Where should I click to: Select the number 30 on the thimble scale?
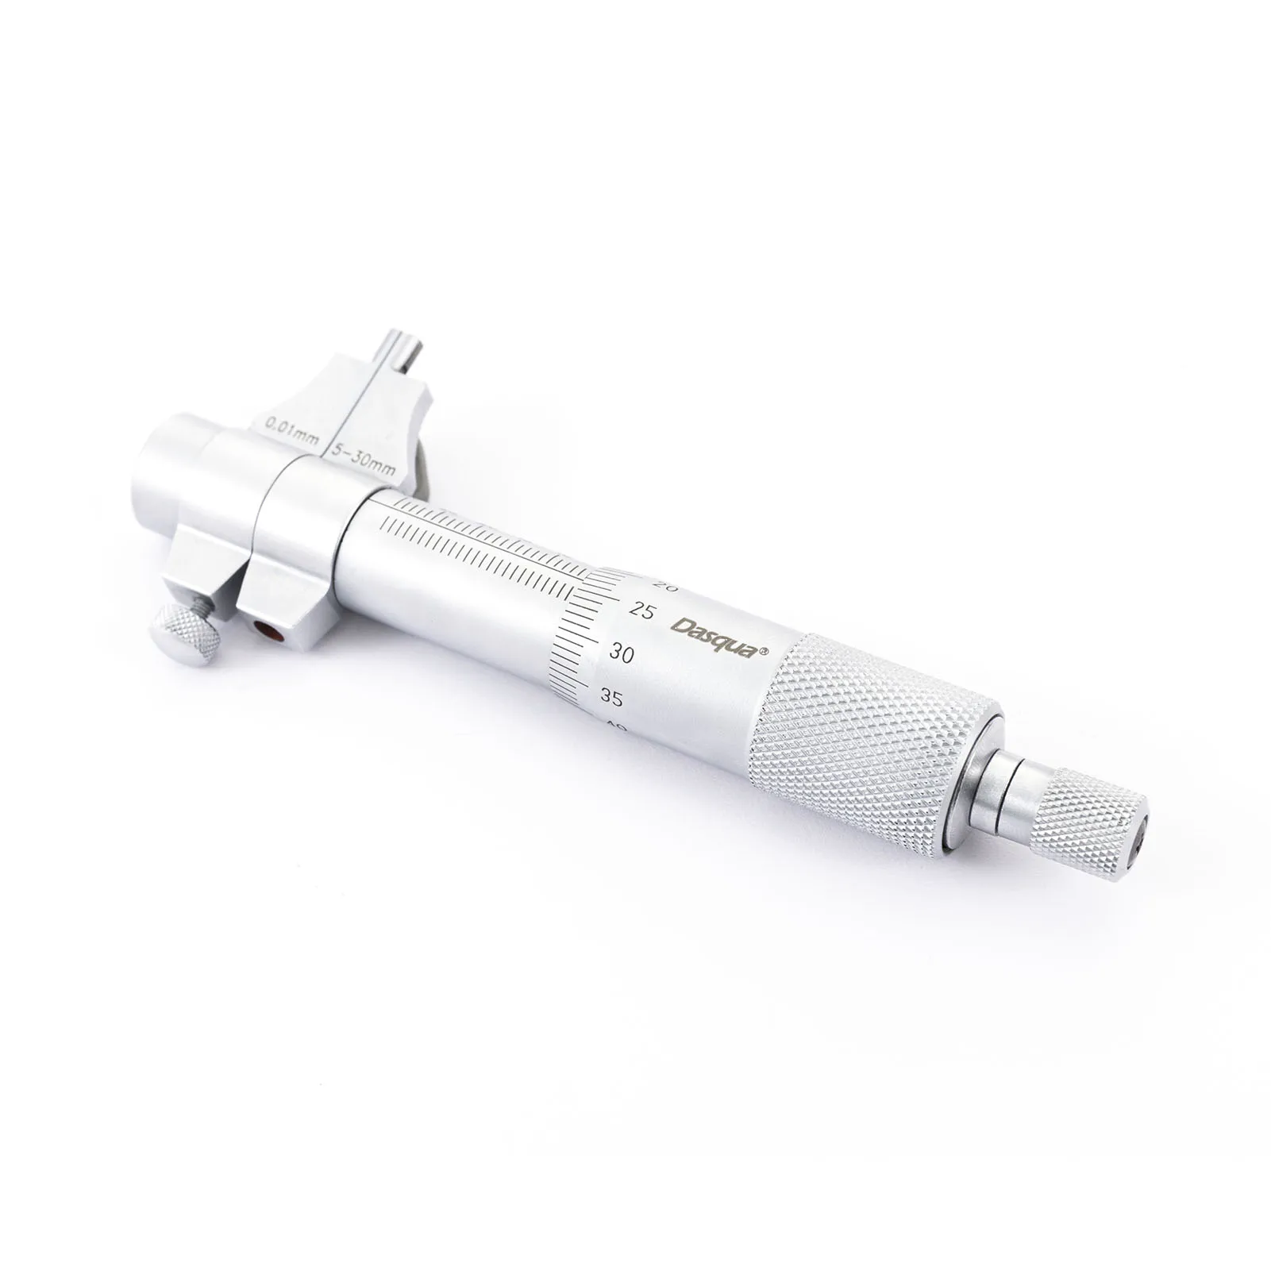pyautogui.click(x=623, y=653)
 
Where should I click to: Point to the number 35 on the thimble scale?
pyautogui.click(x=611, y=698)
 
